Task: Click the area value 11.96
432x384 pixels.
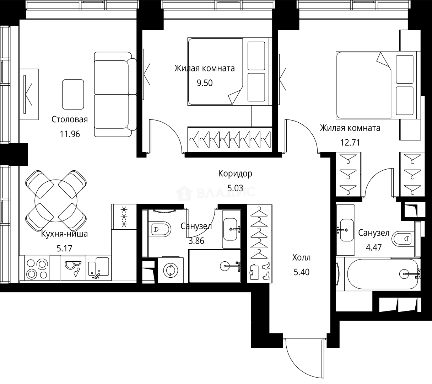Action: pos(70,134)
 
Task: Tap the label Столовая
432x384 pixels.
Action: pos(70,119)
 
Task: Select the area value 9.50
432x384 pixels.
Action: pos(205,83)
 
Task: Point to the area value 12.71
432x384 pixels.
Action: pos(350,142)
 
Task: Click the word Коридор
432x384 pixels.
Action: pos(235,174)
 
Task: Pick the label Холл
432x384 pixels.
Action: pos(301,258)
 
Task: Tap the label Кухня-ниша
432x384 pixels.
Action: pos(64,234)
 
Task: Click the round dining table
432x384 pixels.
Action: pos(56,201)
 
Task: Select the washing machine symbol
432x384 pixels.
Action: pos(171,270)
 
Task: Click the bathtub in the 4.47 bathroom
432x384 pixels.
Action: pos(383,274)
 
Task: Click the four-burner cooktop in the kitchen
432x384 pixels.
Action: pos(37,268)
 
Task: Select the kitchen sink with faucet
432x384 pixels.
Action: pos(98,268)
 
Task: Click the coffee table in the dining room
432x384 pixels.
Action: pos(73,94)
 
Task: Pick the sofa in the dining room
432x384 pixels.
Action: pos(115,94)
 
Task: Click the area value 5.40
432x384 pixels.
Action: pos(301,272)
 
